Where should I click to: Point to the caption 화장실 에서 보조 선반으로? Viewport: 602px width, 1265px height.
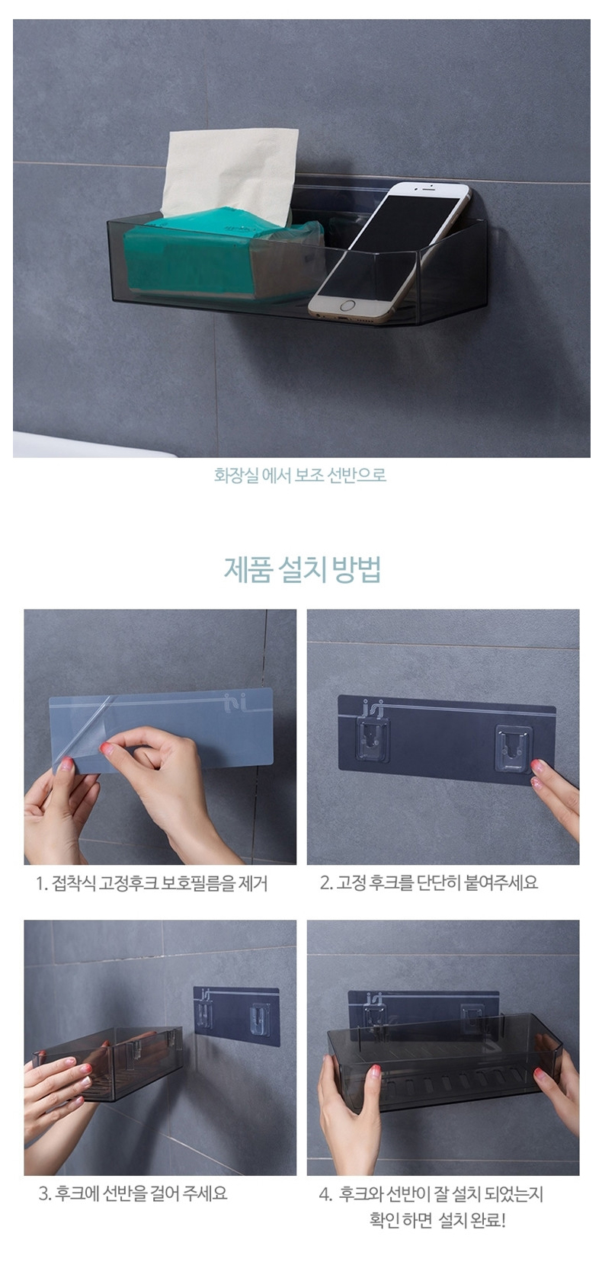click(300, 474)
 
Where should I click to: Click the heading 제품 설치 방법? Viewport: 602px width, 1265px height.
click(302, 569)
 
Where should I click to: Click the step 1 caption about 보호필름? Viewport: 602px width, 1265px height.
click(152, 883)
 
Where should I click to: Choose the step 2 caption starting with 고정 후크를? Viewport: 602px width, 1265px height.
click(429, 882)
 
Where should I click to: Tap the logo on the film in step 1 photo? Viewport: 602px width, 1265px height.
click(232, 701)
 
